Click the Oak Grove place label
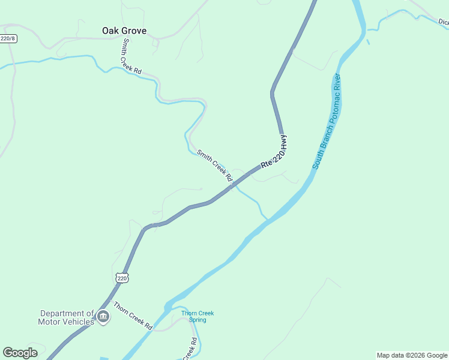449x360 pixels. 124,31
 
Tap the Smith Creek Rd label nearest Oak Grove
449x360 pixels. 131,57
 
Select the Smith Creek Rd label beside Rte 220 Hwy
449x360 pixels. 214,165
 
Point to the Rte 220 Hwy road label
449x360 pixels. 274,152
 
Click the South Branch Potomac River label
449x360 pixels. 327,121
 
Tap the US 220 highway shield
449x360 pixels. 122,278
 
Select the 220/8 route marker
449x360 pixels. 7,38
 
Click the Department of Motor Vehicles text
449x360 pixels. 67,317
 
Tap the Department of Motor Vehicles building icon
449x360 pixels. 103,317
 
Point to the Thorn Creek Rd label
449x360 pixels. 133,316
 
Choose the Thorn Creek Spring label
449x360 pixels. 197,316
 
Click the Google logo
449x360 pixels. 20,353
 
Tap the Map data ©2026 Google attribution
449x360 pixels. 412,355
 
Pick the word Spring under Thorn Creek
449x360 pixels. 197,320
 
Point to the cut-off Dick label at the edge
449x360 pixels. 443,22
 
